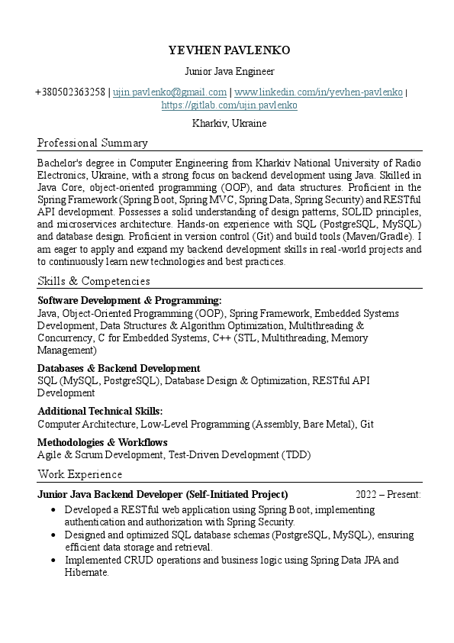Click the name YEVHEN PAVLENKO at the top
[229, 50]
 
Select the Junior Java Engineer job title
[229, 72]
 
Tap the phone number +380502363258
[70, 92]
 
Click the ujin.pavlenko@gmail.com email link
[169, 92]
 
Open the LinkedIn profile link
[318, 92]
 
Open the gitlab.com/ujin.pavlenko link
[229, 105]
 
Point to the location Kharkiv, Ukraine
[229, 123]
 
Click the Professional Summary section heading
[92, 143]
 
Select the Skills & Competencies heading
[94, 281]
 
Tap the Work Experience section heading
[79, 474]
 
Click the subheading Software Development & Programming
[129, 301]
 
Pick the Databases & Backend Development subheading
[119, 368]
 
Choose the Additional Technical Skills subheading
[100, 411]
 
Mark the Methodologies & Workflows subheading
[102, 442]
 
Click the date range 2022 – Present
[388, 494]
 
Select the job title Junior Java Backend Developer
[163, 494]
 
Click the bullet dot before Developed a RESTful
[52, 509]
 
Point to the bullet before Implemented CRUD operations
[52, 561]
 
